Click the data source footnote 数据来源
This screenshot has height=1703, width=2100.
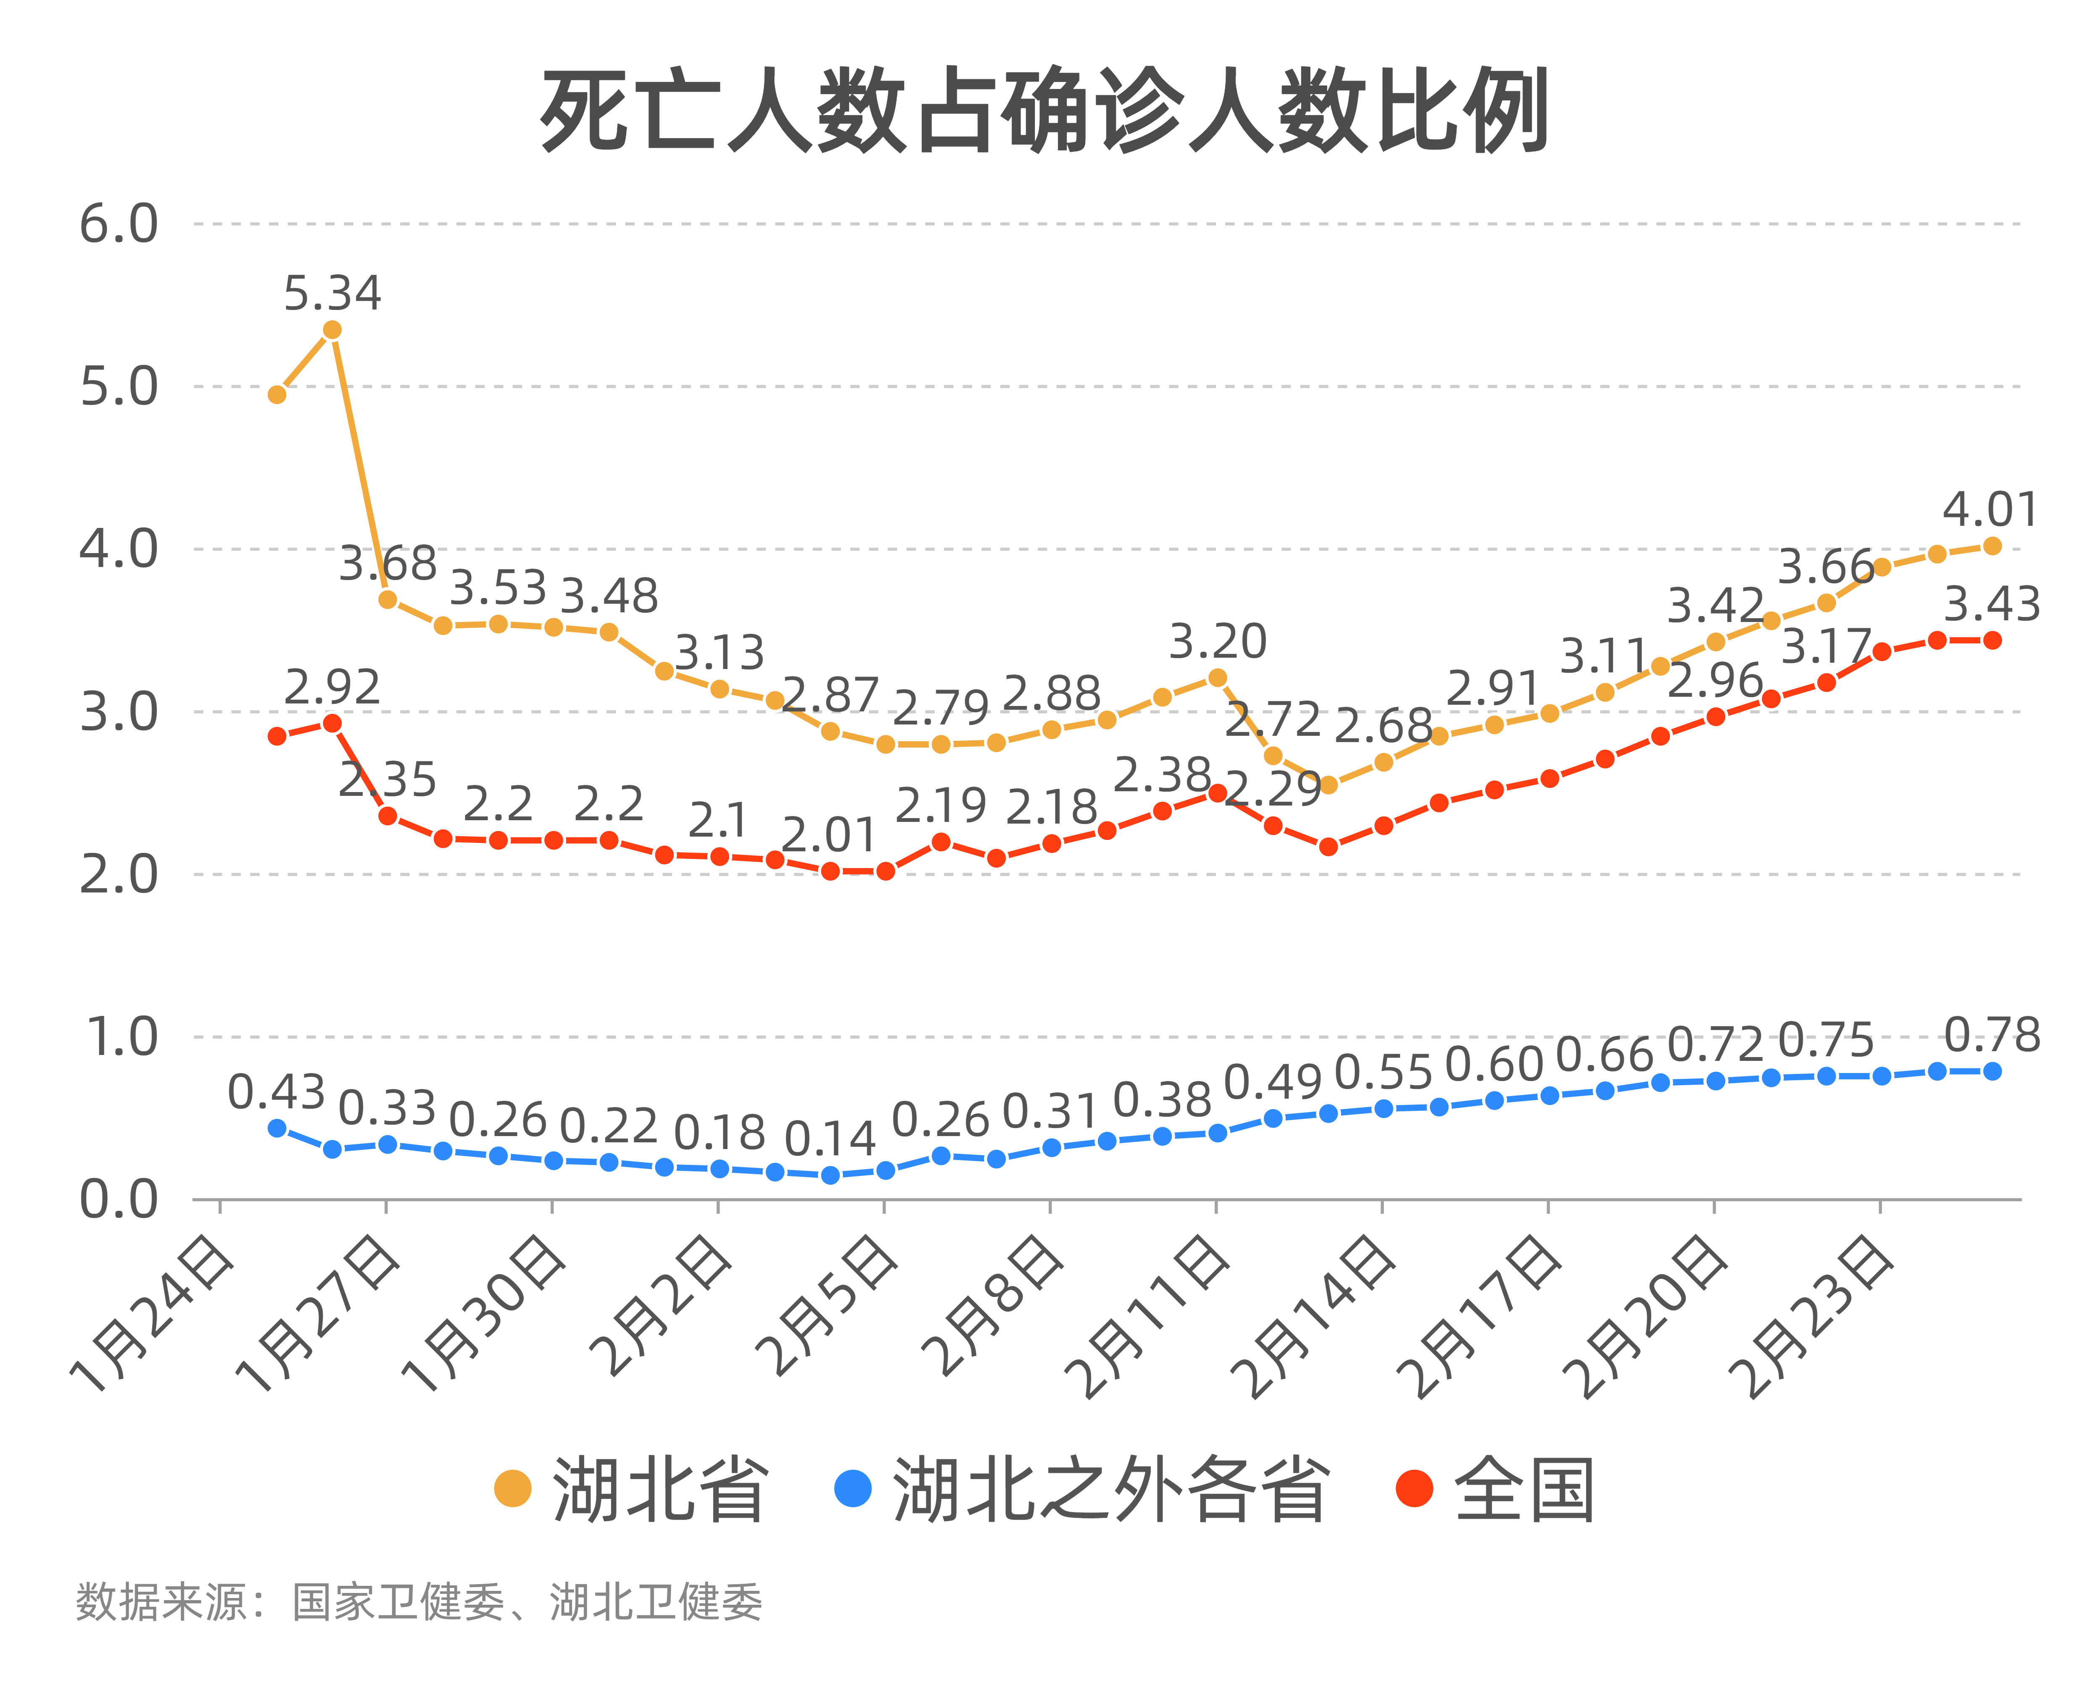coord(419,1602)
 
